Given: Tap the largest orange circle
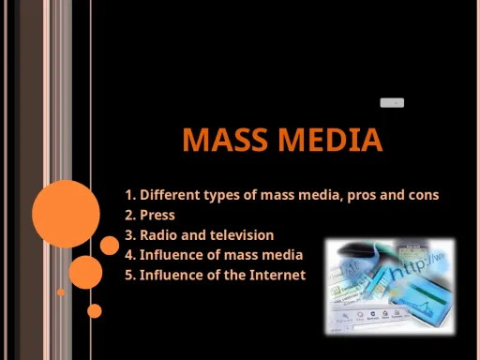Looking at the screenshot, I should coord(66,214).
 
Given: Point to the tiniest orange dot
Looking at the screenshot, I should coord(61,292).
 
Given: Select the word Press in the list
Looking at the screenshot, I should coord(157,215).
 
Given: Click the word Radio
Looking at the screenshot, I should coord(160,235).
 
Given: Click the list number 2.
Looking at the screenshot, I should coord(129,215).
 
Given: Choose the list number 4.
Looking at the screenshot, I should coord(129,255).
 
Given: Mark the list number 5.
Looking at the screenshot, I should coord(129,275).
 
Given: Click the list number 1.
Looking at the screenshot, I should coord(129,195).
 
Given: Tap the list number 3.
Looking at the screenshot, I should coord(129,235).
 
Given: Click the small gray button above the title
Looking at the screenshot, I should coord(392,102).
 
